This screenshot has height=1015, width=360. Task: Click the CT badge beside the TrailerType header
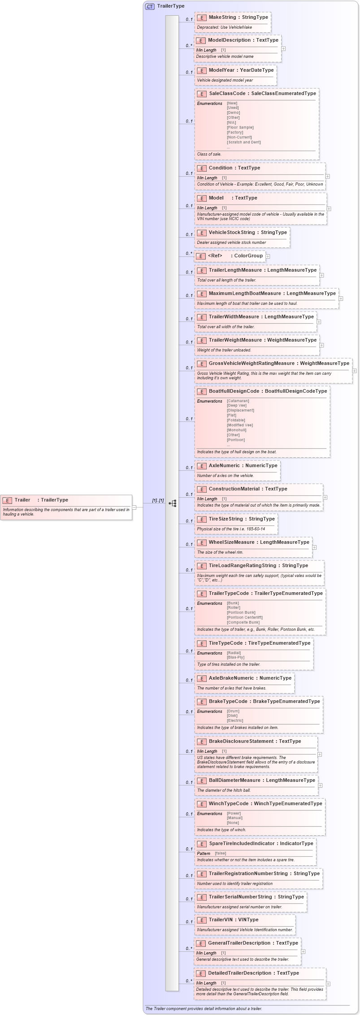[150, 6]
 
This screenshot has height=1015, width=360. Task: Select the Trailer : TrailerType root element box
[66, 507]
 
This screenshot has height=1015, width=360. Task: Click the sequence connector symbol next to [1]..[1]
[173, 503]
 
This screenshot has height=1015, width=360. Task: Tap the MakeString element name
[222, 17]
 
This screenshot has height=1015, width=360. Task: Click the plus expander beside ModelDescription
[283, 49]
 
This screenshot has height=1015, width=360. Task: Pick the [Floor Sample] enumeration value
[240, 128]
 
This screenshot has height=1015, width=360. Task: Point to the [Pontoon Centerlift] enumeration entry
[245, 617]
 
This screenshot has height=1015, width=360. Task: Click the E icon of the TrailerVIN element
[202, 920]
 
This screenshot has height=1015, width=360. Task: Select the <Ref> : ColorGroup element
[230, 256]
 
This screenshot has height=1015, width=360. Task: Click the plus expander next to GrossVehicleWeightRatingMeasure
[354, 371]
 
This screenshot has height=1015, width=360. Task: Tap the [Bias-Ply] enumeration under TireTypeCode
[235, 658]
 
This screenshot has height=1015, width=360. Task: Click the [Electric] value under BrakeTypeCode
[235, 721]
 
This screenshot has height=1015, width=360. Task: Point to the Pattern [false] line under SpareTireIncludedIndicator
[212, 854]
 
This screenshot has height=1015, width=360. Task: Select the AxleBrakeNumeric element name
[231, 678]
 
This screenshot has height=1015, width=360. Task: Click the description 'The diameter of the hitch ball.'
[224, 790]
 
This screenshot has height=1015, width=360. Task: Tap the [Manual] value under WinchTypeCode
[234, 818]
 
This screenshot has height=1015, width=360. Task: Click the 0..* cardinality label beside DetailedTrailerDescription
[189, 981]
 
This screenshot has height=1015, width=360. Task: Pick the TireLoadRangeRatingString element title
[242, 566]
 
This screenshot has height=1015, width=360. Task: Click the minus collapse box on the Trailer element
[134, 507]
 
